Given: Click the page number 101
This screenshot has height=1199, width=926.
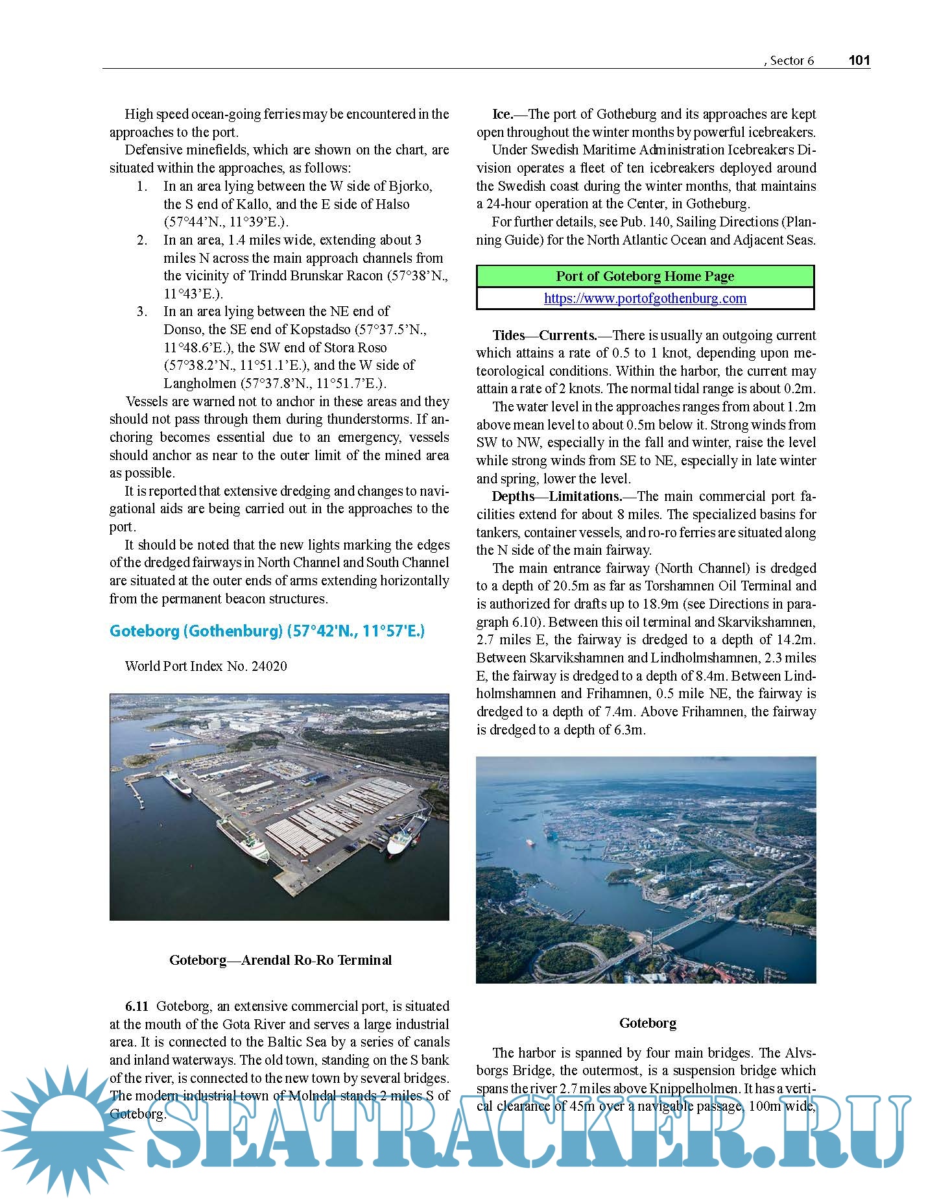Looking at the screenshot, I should [x=859, y=60].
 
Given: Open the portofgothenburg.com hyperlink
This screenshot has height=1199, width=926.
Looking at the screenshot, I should [x=645, y=298].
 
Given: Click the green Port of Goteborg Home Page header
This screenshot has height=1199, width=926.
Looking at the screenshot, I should [x=645, y=276].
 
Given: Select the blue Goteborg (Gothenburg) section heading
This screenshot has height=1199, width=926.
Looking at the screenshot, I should [x=267, y=631].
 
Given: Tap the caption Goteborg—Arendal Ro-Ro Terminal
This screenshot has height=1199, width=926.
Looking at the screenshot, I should [x=280, y=960].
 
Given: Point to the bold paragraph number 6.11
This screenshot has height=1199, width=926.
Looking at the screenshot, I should [x=137, y=1006].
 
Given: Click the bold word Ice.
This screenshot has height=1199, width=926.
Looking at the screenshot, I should [x=502, y=114].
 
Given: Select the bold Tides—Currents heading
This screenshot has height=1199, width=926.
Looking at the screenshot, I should [x=544, y=335].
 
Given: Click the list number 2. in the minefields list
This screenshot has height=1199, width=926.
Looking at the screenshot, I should [x=143, y=240].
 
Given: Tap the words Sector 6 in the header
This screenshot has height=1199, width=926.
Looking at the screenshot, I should [x=792, y=61].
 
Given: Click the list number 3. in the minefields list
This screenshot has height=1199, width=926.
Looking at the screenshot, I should [x=143, y=311].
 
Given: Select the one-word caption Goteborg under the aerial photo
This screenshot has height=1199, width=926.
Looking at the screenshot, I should [x=647, y=1023].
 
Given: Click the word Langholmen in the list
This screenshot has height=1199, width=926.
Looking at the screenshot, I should [x=200, y=383].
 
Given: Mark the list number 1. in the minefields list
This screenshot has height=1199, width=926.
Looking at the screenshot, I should [x=143, y=186].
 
